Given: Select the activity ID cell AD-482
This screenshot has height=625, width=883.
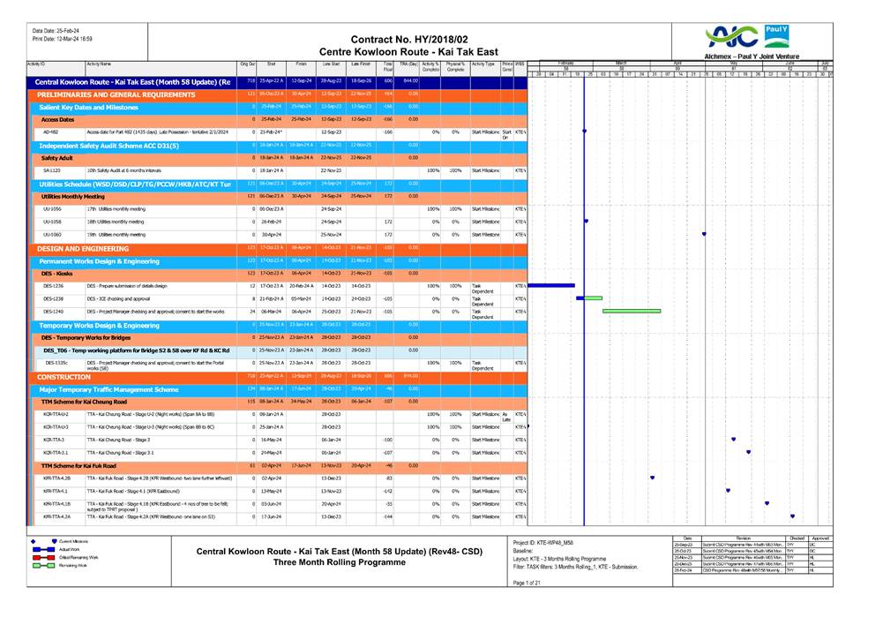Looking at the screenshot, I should [51, 132].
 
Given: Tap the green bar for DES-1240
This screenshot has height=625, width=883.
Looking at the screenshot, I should [632, 311].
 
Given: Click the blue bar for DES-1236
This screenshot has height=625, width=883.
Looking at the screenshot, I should [550, 286].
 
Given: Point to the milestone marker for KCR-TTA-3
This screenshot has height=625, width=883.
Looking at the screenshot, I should [733, 439].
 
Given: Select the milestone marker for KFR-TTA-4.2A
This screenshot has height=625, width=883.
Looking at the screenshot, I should [792, 516].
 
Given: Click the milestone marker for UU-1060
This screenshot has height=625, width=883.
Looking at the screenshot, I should [703, 234].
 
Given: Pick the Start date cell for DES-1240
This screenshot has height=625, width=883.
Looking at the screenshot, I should [271, 312].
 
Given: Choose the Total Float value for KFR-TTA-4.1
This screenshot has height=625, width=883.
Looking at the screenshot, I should [385, 491].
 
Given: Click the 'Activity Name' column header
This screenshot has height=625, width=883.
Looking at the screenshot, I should [99, 64].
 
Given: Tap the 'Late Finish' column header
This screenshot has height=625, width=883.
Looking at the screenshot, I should [361, 64].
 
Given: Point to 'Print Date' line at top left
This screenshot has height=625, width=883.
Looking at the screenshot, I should [62, 39].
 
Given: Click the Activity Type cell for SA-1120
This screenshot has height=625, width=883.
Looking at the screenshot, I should [483, 170].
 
